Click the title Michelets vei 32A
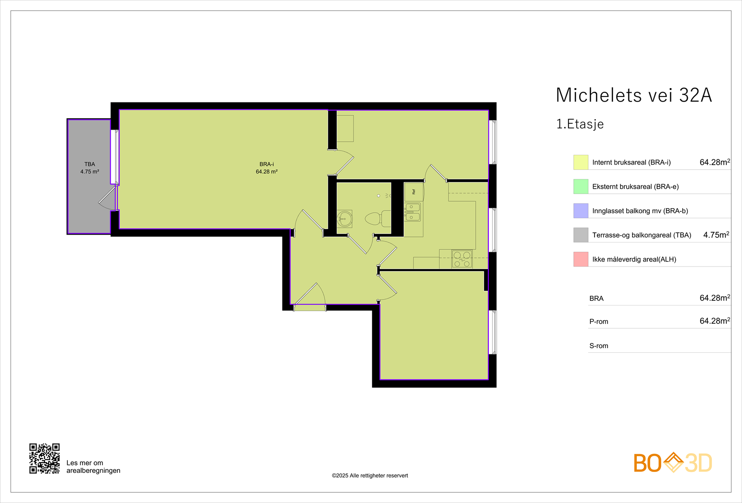(633, 95)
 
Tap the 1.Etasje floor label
(580, 124)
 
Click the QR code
(45, 458)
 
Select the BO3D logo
(672, 463)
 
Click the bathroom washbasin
(345, 218)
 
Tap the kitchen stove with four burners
(462, 259)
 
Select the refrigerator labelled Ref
(414, 191)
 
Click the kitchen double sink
(412, 212)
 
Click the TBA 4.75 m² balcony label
(90, 168)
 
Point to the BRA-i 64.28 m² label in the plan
(267, 168)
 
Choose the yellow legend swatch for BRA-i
(581, 162)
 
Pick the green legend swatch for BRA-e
(581, 186)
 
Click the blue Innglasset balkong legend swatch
(581, 211)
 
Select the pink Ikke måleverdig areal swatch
(581, 259)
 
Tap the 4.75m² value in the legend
(716, 235)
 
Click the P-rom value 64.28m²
(714, 321)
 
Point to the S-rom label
(599, 346)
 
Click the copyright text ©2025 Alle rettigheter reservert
(370, 476)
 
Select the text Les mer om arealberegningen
(93, 466)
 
